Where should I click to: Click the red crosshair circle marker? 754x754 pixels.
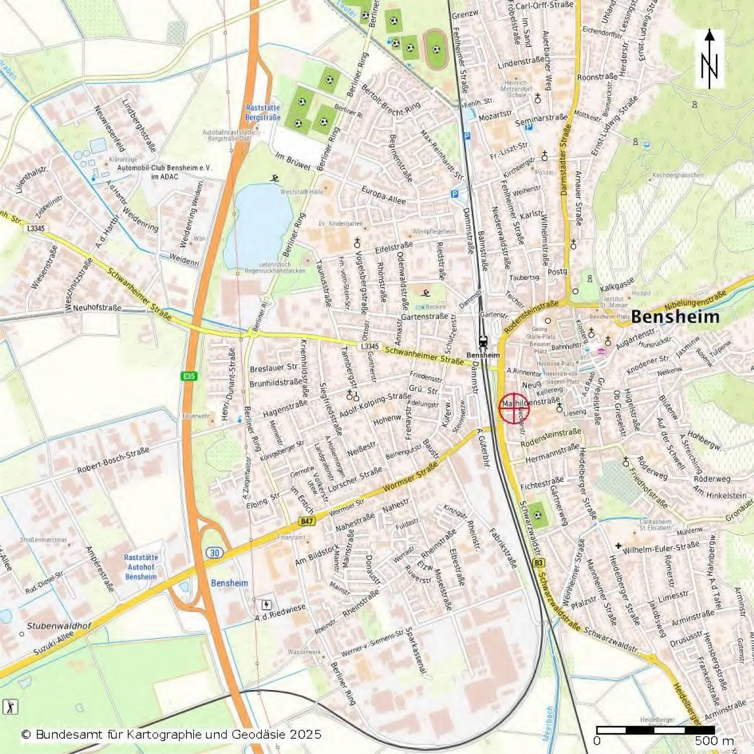click(x=514, y=408)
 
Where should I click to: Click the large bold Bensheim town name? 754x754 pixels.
click(x=675, y=317)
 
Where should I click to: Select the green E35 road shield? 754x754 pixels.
click(x=189, y=376)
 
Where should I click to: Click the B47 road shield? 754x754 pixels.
click(x=307, y=521)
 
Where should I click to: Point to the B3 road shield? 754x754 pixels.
click(x=538, y=563)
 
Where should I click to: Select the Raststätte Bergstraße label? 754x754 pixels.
click(x=263, y=113)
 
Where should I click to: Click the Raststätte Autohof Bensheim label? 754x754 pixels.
click(x=141, y=567)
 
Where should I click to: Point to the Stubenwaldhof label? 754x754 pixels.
click(x=59, y=626)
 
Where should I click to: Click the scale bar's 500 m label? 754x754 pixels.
click(x=714, y=741)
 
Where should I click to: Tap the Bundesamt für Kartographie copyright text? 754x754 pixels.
click(x=171, y=734)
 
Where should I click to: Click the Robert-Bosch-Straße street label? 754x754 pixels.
click(x=113, y=460)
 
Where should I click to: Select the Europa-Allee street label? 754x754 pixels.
click(x=383, y=195)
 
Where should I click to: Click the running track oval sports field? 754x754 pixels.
click(x=436, y=49)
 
